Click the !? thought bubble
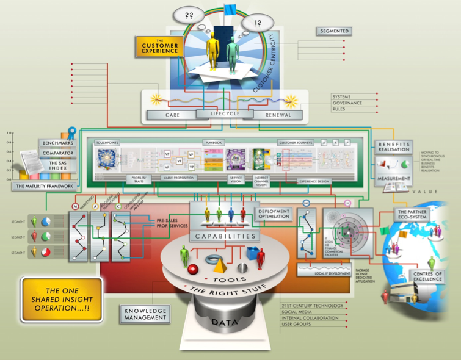258,24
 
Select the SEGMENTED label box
334,31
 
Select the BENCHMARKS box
57,143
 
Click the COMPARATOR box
57,153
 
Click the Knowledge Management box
144,314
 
